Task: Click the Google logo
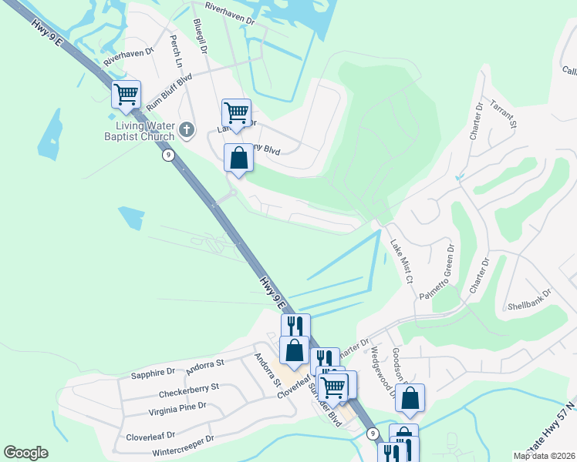[x=25, y=453]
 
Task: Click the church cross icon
[x=187, y=130]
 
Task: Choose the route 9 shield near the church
[x=168, y=155]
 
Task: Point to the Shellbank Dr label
[x=531, y=299]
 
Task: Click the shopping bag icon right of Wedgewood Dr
[x=410, y=397]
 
